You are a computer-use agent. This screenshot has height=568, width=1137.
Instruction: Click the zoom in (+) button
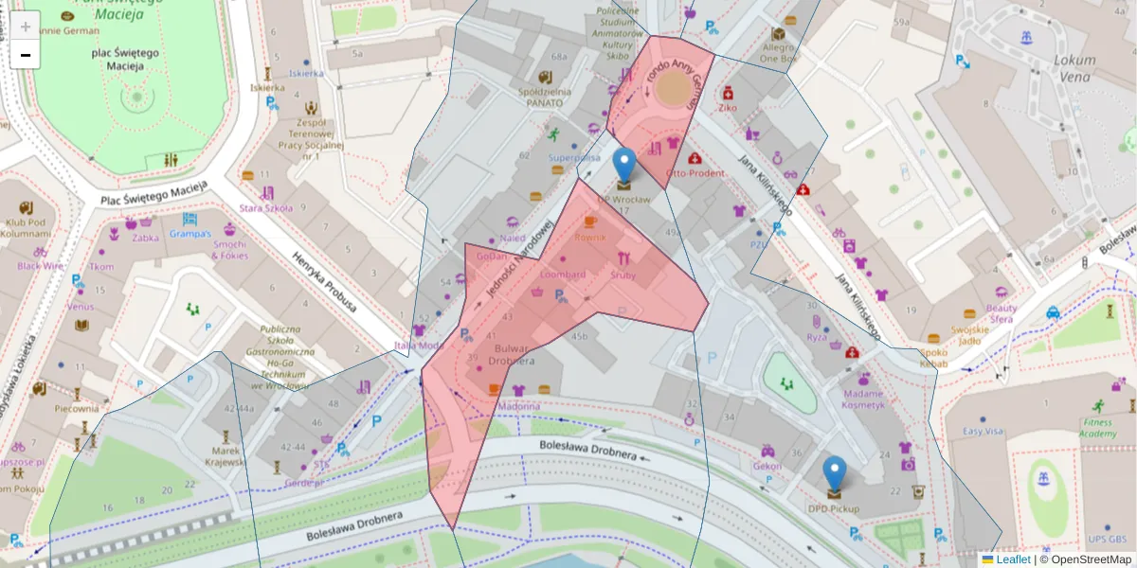26,27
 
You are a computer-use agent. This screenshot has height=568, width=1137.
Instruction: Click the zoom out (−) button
26,55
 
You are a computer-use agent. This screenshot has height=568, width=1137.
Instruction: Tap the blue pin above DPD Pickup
835,473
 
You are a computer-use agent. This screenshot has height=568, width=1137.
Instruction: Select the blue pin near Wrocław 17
623,165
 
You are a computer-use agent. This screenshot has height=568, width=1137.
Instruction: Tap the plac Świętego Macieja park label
117,60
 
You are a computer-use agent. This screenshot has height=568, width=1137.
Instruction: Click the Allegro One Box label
779,51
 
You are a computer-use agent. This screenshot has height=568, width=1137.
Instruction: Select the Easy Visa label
982,432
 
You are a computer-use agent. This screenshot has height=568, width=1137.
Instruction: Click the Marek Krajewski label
226,456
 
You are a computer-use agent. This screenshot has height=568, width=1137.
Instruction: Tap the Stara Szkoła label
265,207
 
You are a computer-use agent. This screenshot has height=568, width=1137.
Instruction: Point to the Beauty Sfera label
1002,313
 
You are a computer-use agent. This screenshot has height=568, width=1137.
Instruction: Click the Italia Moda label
419,346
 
